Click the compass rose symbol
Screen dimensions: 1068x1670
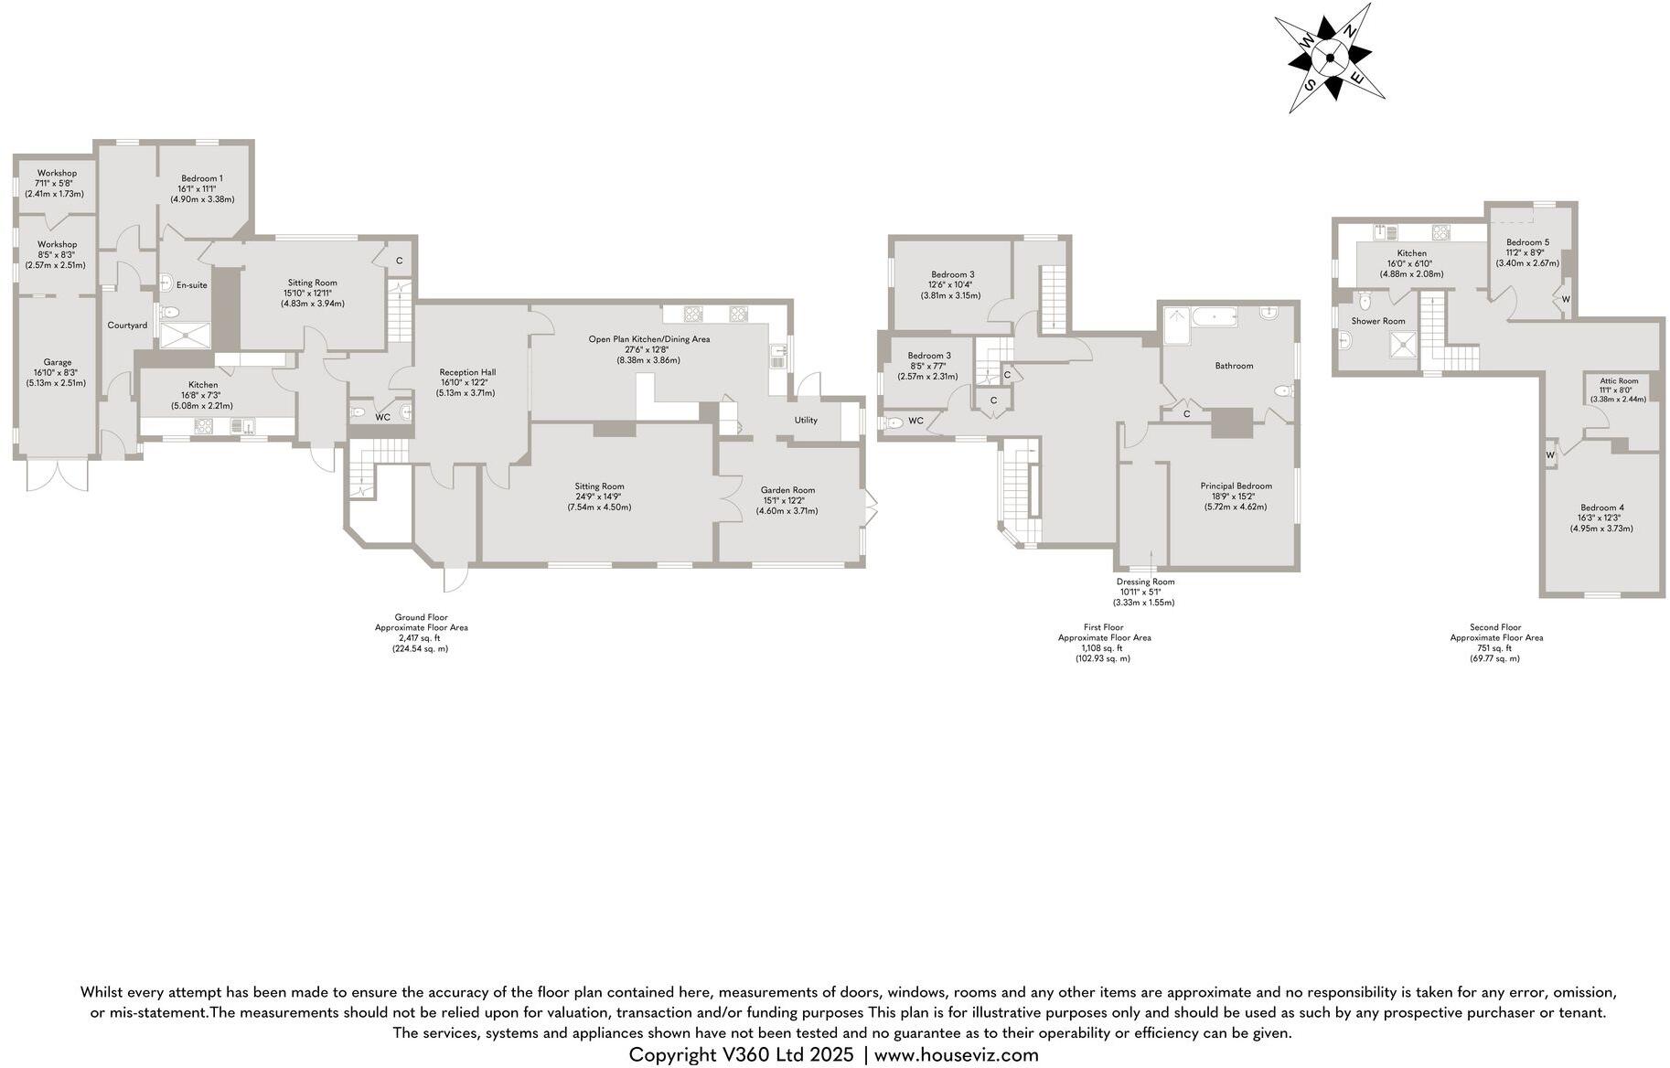tap(1331, 58)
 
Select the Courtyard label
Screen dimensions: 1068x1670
tap(127, 326)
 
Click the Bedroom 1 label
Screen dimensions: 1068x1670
tap(202, 178)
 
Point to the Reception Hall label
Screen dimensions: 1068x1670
tap(467, 372)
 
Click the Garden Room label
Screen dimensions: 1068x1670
tap(787, 490)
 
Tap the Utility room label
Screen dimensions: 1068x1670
tap(806, 421)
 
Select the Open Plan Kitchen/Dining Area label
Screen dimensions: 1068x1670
tap(648, 339)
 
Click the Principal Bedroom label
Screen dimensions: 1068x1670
tap(1236, 486)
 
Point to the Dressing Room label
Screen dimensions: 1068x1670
tap(1145, 582)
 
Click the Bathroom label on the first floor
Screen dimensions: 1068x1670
tap(1234, 366)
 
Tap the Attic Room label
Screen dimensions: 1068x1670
tap(1618, 381)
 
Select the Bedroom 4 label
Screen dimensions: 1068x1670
tap(1601, 507)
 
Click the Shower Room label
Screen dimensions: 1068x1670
tap(1377, 321)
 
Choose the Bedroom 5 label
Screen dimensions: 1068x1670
tap(1527, 242)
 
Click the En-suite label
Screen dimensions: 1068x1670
tap(191, 285)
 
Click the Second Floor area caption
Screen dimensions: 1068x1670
tap(1496, 628)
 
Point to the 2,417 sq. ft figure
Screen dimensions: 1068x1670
tap(420, 638)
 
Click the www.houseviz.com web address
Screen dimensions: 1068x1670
tap(957, 1055)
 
